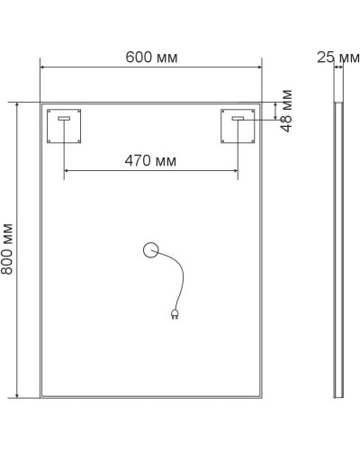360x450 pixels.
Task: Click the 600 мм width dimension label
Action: [x=151, y=58]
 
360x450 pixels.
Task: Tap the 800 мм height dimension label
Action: [x=8, y=249]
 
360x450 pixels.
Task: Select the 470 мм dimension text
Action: [x=150, y=161]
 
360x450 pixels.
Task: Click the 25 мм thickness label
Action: [x=337, y=58]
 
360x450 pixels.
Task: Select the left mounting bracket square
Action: [x=64, y=126]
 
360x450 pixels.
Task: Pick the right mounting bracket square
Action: [x=238, y=126]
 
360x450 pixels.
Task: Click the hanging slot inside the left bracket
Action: [x=64, y=118]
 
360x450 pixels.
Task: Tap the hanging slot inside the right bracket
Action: [x=238, y=118]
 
